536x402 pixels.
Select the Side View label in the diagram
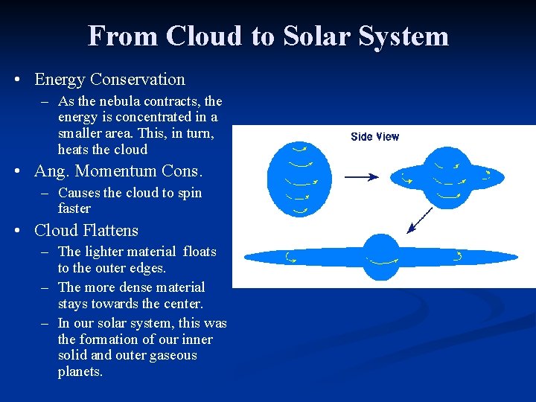tap(374, 136)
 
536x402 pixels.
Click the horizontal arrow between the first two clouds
tap(361, 177)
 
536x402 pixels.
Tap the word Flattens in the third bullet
tap(110, 231)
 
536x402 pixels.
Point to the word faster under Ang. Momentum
tap(74, 208)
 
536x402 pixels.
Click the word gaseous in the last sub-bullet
tap(172, 355)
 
